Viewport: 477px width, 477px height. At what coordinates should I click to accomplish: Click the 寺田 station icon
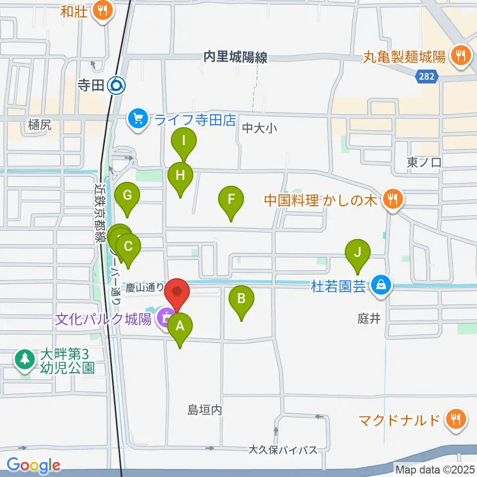(117, 86)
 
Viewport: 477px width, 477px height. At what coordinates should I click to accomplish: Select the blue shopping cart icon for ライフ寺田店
(138, 119)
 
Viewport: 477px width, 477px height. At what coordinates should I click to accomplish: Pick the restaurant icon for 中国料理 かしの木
(393, 201)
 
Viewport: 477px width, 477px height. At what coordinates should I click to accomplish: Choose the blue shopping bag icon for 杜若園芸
(381, 286)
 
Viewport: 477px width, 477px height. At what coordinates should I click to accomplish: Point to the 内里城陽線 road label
(236, 58)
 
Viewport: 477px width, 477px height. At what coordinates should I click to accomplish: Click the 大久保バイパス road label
(283, 450)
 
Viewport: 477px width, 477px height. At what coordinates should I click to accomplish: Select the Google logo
(34, 466)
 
